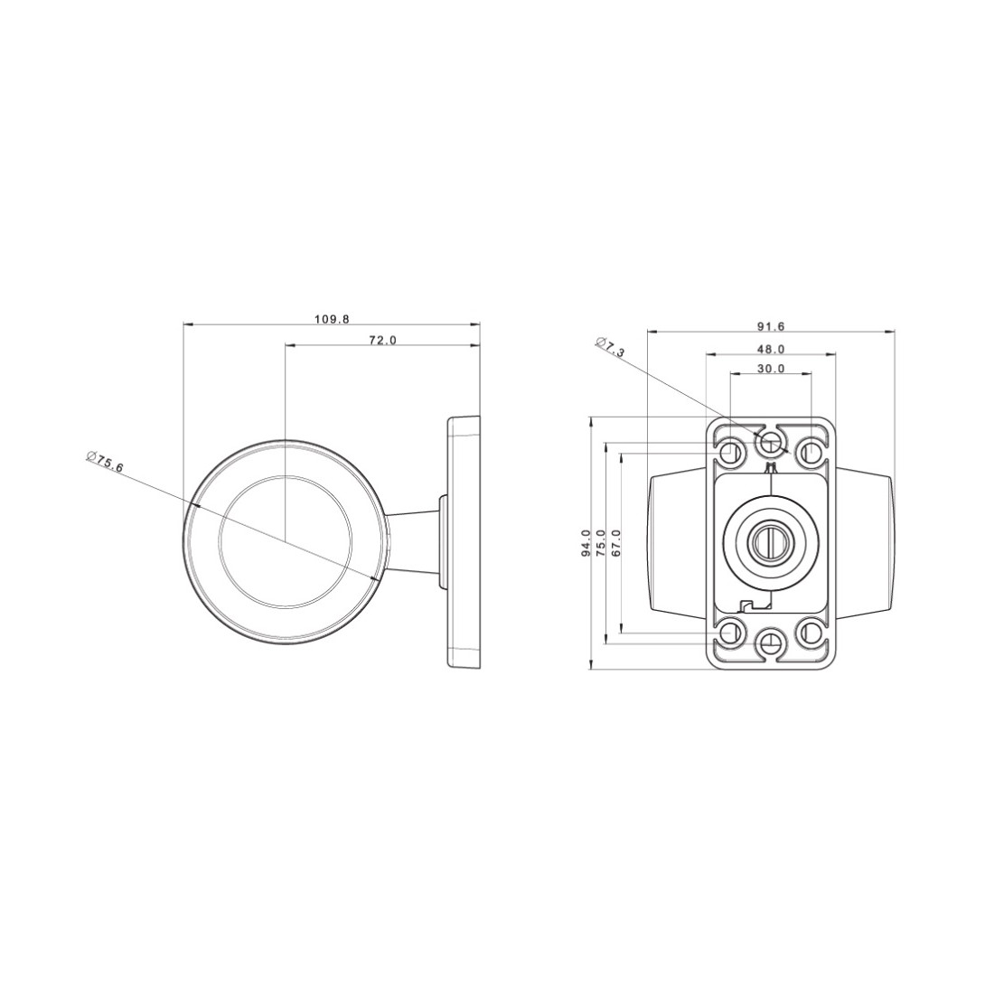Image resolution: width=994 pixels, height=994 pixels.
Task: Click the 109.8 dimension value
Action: pos(333,320)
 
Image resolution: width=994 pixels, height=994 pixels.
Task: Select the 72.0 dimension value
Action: pos(383,341)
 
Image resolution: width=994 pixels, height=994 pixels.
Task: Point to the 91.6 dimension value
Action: pos(772,326)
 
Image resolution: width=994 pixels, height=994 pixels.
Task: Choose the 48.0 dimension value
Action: pos(772,349)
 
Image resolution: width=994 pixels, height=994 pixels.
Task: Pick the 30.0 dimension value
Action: pos(772,369)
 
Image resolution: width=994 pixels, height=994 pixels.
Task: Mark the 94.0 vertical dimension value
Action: pos(586,543)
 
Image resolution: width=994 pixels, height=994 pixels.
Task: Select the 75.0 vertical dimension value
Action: pos(601,543)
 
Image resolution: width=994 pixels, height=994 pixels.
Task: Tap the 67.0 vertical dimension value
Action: pos(616,543)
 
